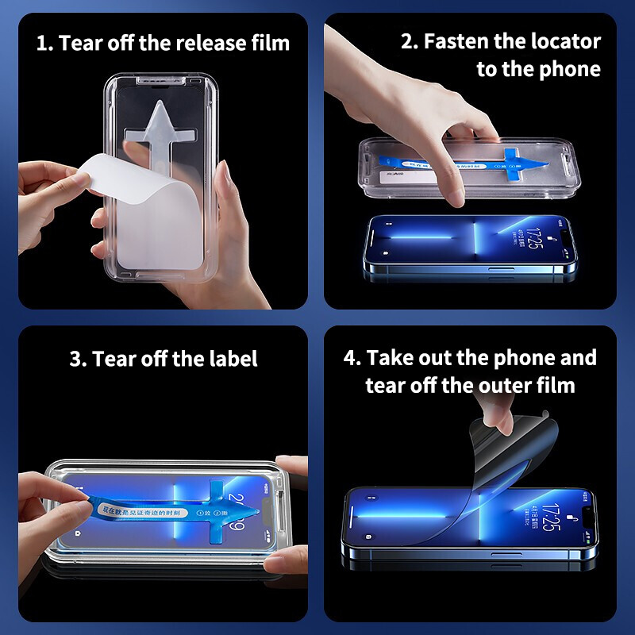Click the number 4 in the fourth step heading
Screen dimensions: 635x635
click(x=350, y=357)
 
